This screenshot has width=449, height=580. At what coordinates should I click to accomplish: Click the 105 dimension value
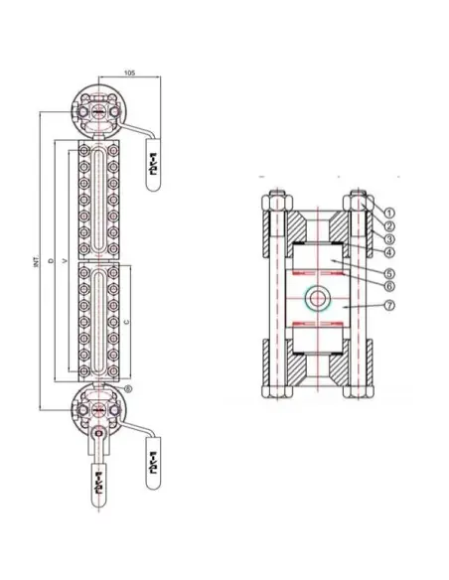click(130, 72)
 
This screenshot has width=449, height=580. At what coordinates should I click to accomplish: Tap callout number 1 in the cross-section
click(389, 212)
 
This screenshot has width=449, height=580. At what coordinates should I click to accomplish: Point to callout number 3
click(389, 239)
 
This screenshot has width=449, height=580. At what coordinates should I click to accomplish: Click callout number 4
click(389, 252)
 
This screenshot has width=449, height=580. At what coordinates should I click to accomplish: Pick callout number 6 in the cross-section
click(389, 286)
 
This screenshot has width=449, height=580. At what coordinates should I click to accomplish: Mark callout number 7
click(389, 307)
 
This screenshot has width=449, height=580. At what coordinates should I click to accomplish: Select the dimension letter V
click(65, 263)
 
